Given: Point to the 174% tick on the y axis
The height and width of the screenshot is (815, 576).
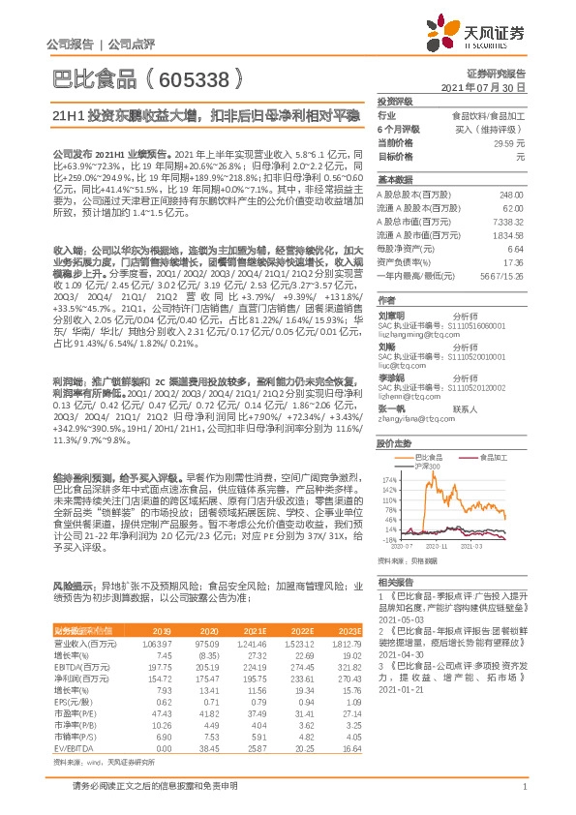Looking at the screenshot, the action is pyautogui.click(x=390, y=479).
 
